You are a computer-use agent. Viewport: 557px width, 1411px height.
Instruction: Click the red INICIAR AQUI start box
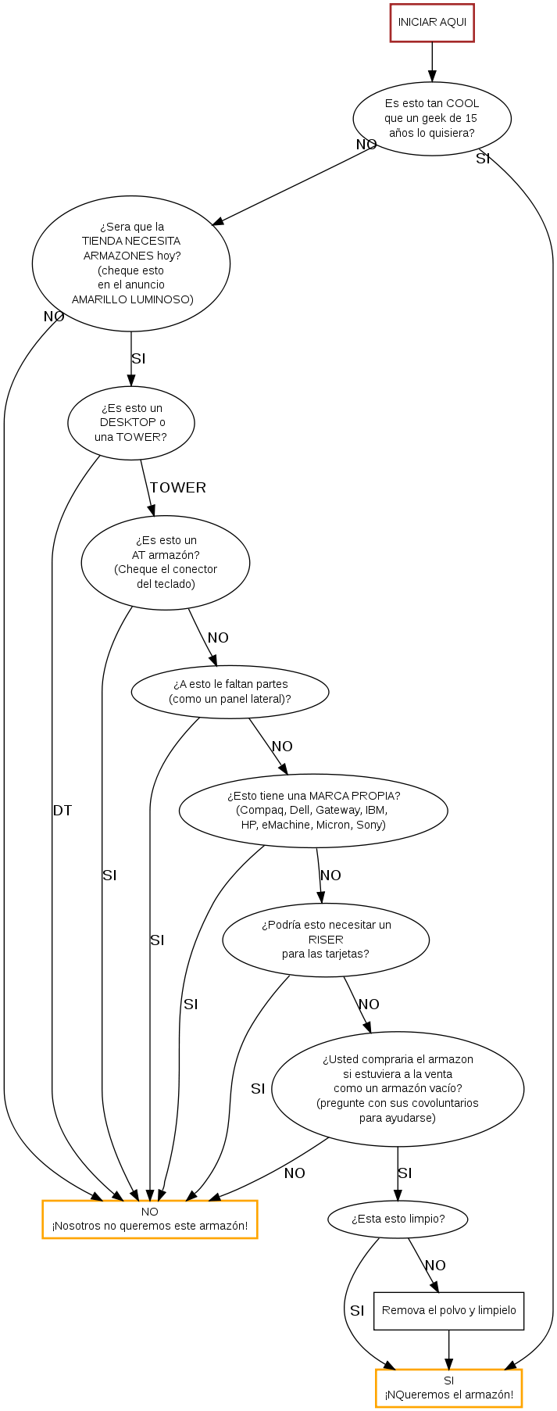pos(432,23)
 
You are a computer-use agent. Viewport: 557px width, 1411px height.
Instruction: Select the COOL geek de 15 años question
pos(432,119)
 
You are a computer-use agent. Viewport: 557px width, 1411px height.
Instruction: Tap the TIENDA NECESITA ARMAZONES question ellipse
pos(131,263)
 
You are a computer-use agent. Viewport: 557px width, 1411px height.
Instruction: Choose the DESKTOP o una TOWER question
pos(131,423)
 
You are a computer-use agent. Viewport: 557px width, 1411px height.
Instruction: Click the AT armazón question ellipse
pos(166,562)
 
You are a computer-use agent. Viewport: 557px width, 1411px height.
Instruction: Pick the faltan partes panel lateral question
pos(230,692)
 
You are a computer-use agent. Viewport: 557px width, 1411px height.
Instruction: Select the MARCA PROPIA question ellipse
pos(313,810)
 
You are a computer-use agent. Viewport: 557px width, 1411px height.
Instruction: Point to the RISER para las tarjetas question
pos(326,939)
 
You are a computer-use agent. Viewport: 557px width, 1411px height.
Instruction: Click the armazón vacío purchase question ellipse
pos(398,1088)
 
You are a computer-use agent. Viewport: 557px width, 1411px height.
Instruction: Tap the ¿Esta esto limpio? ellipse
pos(398,1219)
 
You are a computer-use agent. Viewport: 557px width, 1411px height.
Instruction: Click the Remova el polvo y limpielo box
pos(448,1310)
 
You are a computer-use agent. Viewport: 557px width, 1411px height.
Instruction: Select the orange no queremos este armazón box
pos(150,1219)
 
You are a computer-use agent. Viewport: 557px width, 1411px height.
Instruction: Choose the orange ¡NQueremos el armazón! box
pos(448,1388)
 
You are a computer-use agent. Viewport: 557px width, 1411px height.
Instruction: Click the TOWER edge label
pos(178,488)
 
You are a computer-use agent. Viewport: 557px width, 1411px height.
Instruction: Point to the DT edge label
pos(62,811)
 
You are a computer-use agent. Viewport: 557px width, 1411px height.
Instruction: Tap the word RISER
pos(326,940)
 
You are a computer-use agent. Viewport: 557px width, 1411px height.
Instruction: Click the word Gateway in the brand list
pos(337,810)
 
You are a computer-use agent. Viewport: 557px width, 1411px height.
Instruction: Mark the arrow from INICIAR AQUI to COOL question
pos(432,62)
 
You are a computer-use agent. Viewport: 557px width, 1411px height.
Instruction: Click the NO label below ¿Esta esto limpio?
pos(435,1266)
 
